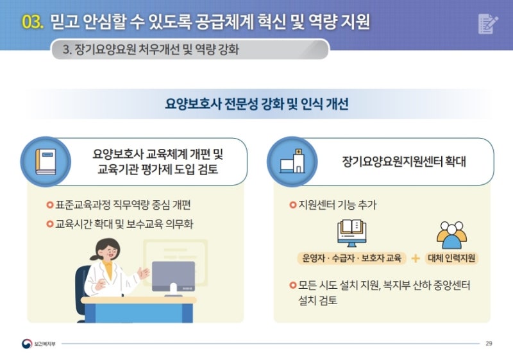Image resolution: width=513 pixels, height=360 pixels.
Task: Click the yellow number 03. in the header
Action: [33, 22]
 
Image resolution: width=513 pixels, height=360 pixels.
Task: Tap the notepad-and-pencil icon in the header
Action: [488, 24]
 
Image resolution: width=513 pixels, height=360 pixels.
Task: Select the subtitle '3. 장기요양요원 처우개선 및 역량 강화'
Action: [151, 49]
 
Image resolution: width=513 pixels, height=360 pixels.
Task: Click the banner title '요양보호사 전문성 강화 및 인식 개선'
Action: [256, 104]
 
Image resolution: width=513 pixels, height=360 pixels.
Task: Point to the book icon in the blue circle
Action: [46, 162]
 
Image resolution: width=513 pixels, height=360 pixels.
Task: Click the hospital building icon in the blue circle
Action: [292, 161]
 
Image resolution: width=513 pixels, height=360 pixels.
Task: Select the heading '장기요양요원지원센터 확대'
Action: [404, 161]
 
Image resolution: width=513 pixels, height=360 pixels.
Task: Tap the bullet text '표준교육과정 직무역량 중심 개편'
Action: [123, 205]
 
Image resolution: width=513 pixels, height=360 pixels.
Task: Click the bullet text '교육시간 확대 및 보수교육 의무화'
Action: [124, 224]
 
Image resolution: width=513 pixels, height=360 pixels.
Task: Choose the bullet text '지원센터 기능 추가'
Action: [338, 205]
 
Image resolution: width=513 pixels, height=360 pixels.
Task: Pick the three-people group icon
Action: [451, 235]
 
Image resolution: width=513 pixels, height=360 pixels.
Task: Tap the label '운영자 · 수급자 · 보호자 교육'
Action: [351, 258]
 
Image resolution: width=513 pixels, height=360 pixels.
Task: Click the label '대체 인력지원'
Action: [451, 258]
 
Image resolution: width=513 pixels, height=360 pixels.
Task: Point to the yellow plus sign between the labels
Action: [416, 259]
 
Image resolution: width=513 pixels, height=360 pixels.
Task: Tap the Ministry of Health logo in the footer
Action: [27, 343]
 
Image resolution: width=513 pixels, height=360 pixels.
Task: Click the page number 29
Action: [489, 343]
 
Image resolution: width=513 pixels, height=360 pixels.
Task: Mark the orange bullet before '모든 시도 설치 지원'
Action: [293, 285]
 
